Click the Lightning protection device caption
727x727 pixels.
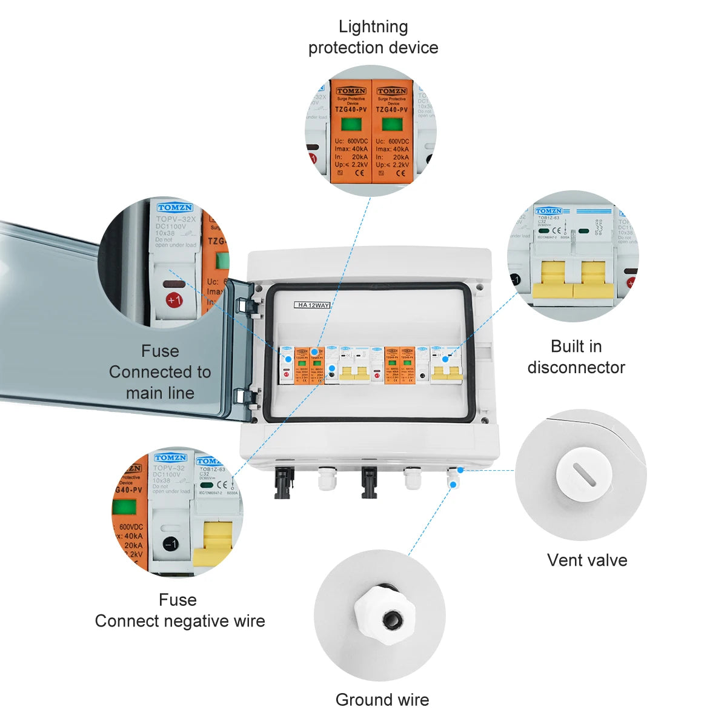tap(373, 37)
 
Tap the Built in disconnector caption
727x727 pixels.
tap(576, 357)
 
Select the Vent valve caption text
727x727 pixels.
tap(587, 560)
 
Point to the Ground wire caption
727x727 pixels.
tap(382, 700)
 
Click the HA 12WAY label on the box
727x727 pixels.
tap(313, 305)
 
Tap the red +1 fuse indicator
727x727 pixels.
tap(174, 299)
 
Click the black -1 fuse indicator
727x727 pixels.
tap(171, 544)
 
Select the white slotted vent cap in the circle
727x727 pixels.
tap(580, 474)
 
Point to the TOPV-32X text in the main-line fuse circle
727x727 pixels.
tap(176, 219)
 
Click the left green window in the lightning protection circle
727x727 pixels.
tap(351, 125)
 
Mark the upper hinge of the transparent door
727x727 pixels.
tap(247, 302)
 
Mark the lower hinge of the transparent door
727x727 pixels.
tap(245, 397)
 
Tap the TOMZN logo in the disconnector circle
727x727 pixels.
tap(548, 211)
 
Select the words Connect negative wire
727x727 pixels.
tap(180, 621)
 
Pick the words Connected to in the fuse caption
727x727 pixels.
tap(160, 372)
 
